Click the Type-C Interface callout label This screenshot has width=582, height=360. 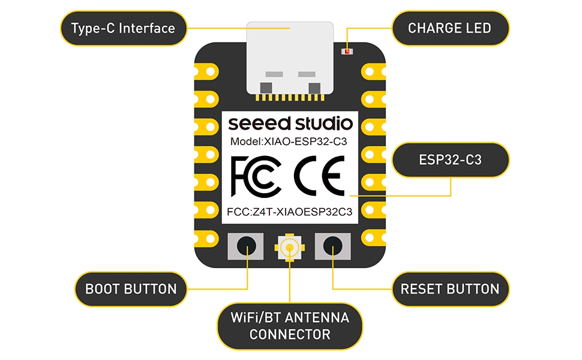coord(123,28)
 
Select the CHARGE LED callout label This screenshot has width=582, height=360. coord(449,28)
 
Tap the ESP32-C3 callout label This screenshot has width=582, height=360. coord(450,160)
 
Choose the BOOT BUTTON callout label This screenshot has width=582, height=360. coord(131,289)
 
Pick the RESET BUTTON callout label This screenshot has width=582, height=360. coord(450,289)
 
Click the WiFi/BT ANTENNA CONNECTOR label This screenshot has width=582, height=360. coord(290,325)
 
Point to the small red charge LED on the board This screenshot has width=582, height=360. coord(346,52)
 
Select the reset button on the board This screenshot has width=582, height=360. coord(334,246)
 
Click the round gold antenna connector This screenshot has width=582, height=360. coord(290,247)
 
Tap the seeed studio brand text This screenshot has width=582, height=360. coord(290,124)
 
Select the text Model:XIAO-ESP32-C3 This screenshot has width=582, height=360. coord(290,142)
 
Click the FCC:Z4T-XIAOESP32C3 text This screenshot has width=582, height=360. coord(290,212)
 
